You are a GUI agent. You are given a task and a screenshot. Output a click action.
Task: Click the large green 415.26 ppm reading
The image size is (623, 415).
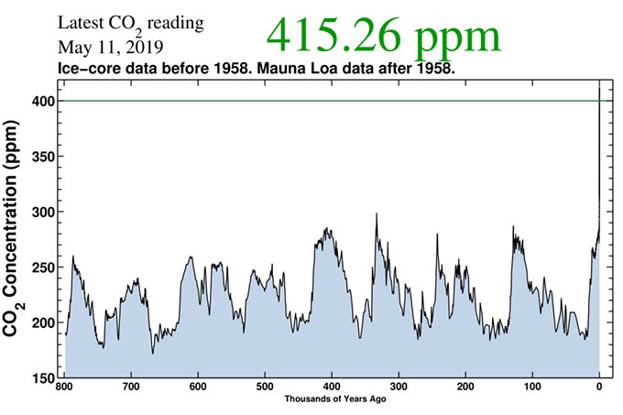[x=384, y=37]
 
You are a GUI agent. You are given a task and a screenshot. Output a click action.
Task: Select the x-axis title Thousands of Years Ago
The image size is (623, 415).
[x=331, y=401]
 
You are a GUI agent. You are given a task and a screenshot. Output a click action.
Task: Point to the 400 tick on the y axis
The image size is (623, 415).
[x=40, y=101]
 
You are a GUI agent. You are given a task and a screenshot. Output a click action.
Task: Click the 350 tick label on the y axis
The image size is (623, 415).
[x=40, y=157]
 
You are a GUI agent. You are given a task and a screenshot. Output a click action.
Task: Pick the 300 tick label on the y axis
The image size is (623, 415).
[x=40, y=212]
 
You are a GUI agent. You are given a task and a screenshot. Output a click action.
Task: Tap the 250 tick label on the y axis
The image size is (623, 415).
[x=40, y=268]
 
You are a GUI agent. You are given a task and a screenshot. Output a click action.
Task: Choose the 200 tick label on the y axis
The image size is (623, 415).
[x=40, y=323]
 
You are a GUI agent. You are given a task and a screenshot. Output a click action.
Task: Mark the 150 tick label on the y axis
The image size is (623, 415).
[x=40, y=377]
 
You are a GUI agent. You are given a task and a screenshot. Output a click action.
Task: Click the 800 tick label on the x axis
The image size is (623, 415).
[x=64, y=388]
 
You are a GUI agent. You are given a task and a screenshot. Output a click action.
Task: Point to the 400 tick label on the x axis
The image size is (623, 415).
[x=332, y=388]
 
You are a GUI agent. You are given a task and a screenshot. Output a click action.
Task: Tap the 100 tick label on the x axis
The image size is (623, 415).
[x=532, y=388]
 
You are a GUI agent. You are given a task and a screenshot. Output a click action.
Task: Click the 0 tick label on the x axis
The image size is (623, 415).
[x=599, y=388]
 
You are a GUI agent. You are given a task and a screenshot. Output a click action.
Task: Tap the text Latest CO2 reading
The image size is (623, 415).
[x=131, y=22]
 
